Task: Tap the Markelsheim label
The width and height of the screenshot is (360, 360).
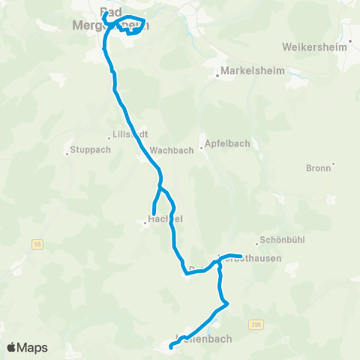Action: click(245, 74)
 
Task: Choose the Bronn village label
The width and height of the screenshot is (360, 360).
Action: click(318, 168)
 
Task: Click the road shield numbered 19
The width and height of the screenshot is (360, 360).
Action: click(35, 243)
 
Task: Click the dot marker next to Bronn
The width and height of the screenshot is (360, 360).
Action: click(333, 163)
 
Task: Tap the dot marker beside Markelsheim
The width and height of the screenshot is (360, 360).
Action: click(217, 74)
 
